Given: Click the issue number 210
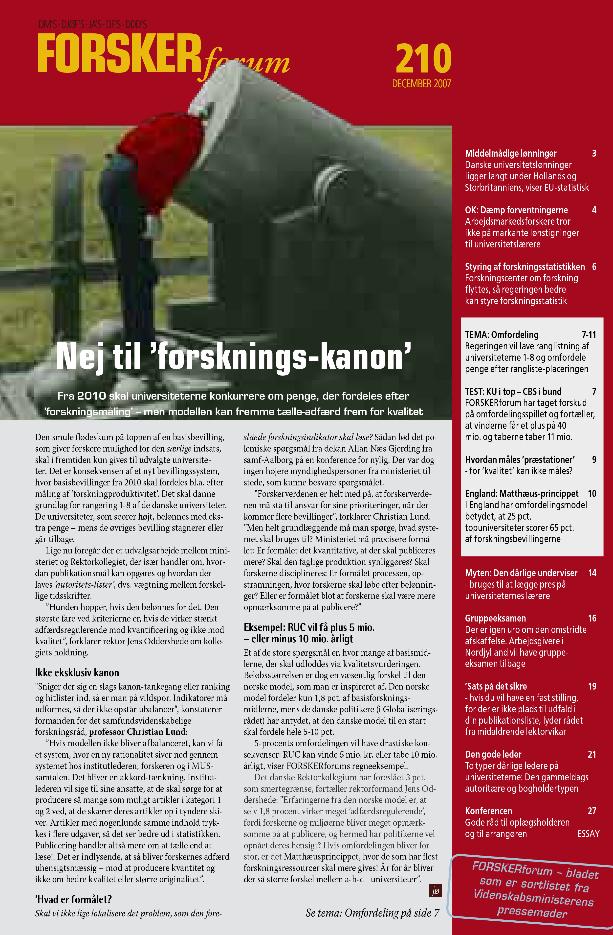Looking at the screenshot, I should pyautogui.click(x=423, y=59).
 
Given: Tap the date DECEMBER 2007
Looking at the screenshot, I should pyautogui.click(x=421, y=84).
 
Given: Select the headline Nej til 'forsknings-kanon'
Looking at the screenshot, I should pyautogui.click(x=234, y=356).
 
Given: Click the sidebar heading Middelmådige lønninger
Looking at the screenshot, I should pyautogui.click(x=511, y=153).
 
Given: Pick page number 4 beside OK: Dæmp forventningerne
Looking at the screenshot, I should pyautogui.click(x=594, y=210).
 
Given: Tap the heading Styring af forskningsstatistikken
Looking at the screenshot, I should pyautogui.click(x=525, y=267).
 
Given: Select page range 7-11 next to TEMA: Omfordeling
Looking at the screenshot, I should pyautogui.click(x=589, y=335).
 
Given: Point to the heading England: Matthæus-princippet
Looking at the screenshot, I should pyautogui.click(x=522, y=493).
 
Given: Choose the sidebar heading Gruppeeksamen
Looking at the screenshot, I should pyautogui.click(x=495, y=618).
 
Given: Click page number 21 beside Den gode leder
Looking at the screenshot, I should pyautogui.click(x=592, y=754).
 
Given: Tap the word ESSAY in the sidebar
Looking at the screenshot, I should pyautogui.click(x=588, y=834).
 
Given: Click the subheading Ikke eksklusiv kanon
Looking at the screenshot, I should pyautogui.click(x=77, y=672).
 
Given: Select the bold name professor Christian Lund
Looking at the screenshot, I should pyautogui.click(x=137, y=732).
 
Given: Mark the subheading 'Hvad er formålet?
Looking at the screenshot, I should pyautogui.click(x=73, y=899).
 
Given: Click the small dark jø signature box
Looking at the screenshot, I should pyautogui.click(x=436, y=891).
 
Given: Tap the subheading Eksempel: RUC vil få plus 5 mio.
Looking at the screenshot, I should pyautogui.click(x=309, y=627).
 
